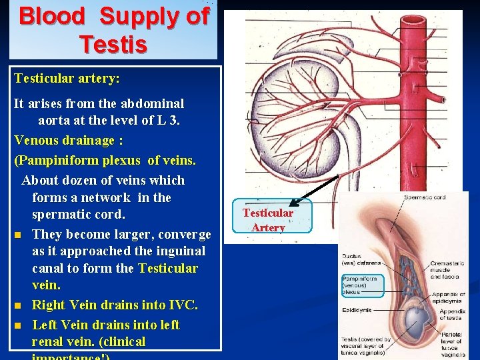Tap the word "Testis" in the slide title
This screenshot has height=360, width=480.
[113, 44]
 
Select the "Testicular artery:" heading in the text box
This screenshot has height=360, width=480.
[67, 79]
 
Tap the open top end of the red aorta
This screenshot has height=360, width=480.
[412, 18]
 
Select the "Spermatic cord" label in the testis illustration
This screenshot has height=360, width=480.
[425, 197]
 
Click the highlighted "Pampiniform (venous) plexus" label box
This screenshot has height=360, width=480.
[362, 285]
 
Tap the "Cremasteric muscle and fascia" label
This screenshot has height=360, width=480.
[447, 269]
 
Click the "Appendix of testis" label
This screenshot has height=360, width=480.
[453, 314]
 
